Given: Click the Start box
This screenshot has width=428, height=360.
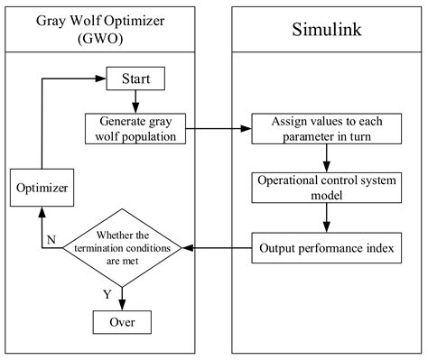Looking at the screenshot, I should pyautogui.click(x=135, y=78).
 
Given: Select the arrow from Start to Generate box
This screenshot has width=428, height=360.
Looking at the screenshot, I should pyautogui.click(x=135, y=100).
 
